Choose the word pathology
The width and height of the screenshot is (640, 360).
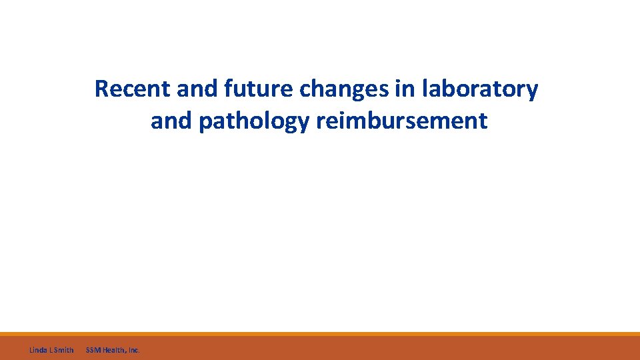[x=254, y=122]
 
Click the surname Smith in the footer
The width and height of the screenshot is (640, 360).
[x=64, y=349]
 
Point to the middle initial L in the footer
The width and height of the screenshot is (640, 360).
[x=51, y=349]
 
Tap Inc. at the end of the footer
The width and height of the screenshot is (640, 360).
[x=133, y=349]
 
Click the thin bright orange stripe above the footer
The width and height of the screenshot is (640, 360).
[x=320, y=334]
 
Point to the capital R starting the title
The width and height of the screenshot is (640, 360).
[x=102, y=89]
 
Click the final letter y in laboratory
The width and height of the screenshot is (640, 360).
[x=532, y=91]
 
